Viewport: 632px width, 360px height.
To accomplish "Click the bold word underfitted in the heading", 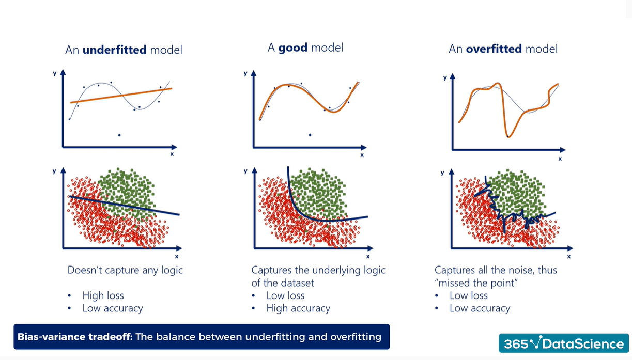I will (114, 50).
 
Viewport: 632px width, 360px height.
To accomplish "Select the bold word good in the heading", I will (292, 48).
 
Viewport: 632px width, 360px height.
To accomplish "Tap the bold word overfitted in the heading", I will (494, 49).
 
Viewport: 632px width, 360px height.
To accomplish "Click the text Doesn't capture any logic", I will (125, 270).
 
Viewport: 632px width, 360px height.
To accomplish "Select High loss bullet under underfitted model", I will (103, 295).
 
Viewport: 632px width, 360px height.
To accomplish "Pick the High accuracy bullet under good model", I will (298, 308).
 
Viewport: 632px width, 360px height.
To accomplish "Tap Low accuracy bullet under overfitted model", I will (479, 308).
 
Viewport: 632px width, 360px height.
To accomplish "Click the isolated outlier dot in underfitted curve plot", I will (119, 135).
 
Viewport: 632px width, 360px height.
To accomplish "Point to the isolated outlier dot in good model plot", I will (310, 135).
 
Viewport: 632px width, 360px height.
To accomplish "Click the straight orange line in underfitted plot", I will (121, 96).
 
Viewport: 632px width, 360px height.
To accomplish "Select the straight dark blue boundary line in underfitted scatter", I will (124, 205).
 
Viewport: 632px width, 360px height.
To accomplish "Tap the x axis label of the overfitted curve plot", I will (560, 159).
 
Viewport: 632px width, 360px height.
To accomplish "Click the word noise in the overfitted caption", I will (518, 270).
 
